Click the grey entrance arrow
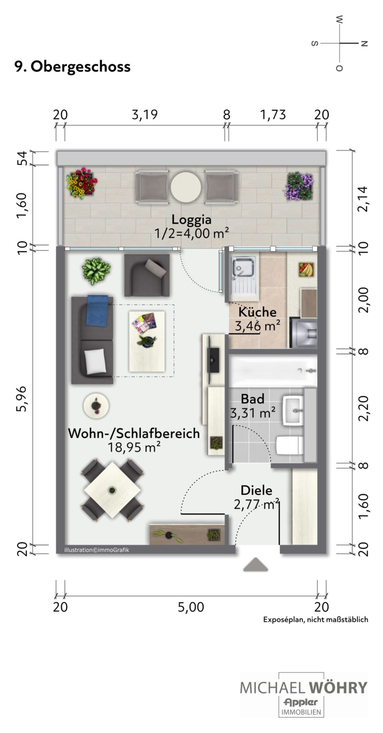[x=255, y=564]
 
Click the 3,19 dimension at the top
[x=145, y=114]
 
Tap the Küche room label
[x=257, y=312]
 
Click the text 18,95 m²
[x=134, y=447]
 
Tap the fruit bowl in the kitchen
[x=306, y=269]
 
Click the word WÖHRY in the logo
[x=338, y=687]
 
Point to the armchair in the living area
[x=147, y=275]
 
